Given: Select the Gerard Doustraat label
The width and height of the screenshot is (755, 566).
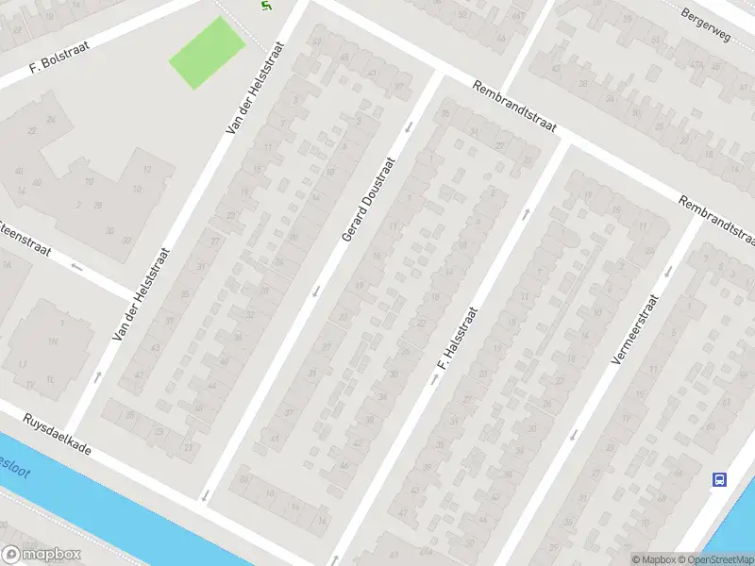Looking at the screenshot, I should [367, 199].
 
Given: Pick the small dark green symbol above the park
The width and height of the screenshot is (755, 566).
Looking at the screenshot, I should [265, 7].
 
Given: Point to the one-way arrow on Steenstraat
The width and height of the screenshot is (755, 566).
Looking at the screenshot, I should [76, 267].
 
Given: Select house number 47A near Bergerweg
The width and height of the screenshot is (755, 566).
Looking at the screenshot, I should [697, 65].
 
